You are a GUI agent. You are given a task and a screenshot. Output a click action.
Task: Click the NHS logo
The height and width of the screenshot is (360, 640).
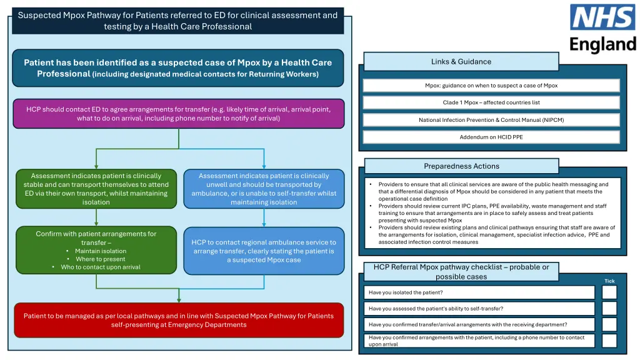pyautogui.click(x=602, y=17)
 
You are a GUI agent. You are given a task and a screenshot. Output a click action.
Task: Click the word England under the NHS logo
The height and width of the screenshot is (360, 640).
pyautogui.click(x=602, y=44)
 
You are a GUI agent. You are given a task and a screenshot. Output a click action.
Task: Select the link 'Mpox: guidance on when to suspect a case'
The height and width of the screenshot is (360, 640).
pyautogui.click(x=491, y=86)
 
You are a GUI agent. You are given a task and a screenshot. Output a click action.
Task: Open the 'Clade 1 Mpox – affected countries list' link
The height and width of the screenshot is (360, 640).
pyautogui.click(x=491, y=102)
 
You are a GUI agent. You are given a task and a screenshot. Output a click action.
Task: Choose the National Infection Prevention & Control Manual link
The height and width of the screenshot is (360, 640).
pyautogui.click(x=491, y=120)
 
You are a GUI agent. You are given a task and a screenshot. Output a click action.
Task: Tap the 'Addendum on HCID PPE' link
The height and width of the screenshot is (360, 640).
pyautogui.click(x=491, y=137)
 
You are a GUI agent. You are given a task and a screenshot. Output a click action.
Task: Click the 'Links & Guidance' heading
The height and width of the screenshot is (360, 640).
pyautogui.click(x=461, y=62)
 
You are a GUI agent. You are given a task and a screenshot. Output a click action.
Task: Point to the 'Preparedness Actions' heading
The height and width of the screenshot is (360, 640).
pyautogui.click(x=461, y=166)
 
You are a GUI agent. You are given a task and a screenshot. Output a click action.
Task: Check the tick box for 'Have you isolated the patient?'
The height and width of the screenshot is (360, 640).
pyautogui.click(x=609, y=292)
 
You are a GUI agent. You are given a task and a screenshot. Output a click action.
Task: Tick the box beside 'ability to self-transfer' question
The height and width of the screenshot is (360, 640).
pyautogui.click(x=609, y=309)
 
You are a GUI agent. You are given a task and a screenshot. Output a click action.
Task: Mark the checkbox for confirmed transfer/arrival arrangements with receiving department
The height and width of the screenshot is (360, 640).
pyautogui.click(x=609, y=324)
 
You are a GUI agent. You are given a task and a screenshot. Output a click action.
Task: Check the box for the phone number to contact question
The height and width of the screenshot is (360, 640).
pyautogui.click(x=609, y=341)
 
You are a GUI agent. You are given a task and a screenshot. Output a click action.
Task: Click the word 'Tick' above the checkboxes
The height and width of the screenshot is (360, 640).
pyautogui.click(x=609, y=281)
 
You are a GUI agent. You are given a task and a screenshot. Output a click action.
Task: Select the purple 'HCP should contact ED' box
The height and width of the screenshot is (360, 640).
pyautogui.click(x=178, y=114)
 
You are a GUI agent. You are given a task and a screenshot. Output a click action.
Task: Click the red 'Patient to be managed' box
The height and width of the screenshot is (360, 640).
pyautogui.click(x=178, y=320)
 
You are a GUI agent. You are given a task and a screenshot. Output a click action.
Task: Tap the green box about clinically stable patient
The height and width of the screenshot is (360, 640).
pyautogui.click(x=96, y=189)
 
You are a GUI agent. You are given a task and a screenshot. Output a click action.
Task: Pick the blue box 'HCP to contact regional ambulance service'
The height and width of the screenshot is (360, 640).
pyautogui.click(x=264, y=251)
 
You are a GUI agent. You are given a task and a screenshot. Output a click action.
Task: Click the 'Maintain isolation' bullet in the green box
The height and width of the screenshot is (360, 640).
pyautogui.click(x=100, y=251)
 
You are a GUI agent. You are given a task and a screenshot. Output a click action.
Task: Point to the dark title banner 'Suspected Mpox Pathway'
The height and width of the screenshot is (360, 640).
pyautogui.click(x=177, y=21)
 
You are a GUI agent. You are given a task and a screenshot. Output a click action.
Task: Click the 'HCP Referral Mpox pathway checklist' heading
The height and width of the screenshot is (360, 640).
pyautogui.click(x=461, y=272)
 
